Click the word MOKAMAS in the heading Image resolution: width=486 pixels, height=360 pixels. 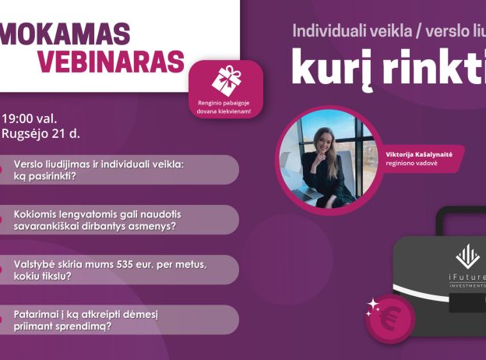tap(66, 34)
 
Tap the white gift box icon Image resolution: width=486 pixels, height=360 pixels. tap(226, 80)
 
